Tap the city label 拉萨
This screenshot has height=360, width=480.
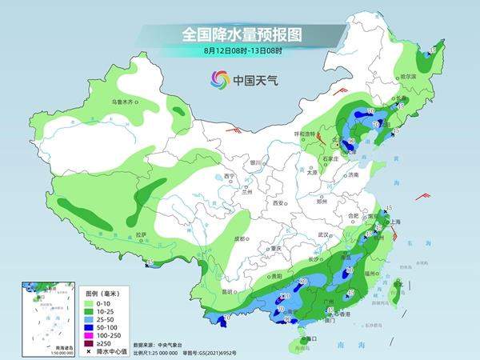pyautogui.click(x=142, y=234)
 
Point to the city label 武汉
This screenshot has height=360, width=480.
pyautogui.click(x=324, y=234)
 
